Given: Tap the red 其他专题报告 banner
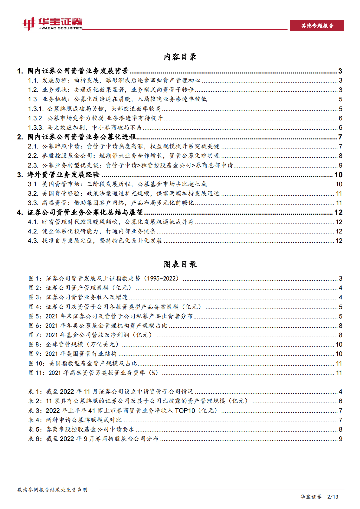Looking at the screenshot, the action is coord(317,26).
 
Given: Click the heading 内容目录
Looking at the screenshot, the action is coord(180,57).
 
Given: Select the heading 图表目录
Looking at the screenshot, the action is coord(180,264).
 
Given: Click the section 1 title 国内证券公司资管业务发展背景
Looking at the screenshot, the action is coord(78,71).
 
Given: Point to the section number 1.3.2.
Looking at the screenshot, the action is coord(36,118).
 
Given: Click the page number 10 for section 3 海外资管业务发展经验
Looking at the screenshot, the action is coord(338,175).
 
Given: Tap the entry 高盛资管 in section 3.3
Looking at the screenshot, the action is coord(54,203).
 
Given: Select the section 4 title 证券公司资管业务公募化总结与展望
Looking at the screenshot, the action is coord(85,213).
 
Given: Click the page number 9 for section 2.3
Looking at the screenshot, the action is coord(340,165).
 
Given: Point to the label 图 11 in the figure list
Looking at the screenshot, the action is coord(37,373).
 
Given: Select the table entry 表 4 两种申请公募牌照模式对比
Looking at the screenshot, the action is coord(75,420).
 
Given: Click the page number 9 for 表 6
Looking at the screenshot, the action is coord(340,439).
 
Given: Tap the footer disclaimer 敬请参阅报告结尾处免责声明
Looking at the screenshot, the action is coord(52,490).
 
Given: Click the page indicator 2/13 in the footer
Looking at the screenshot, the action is coord(333,497).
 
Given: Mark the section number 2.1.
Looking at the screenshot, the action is coord(33,147).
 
